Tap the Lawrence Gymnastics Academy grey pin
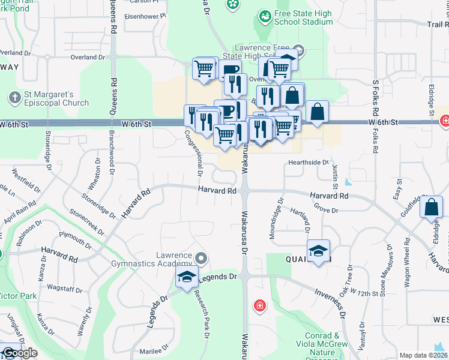tap(201, 259)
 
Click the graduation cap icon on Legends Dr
tap(187, 277)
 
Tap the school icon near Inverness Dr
tap(318, 251)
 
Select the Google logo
tap(20, 353)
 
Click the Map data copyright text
tap(424, 355)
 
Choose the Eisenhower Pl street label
tap(143, 17)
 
